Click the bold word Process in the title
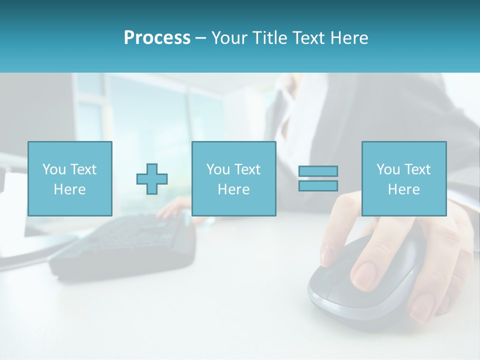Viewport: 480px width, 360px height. coord(157,38)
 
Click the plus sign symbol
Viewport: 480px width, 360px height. coord(152,179)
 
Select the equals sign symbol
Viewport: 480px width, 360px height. coord(318,178)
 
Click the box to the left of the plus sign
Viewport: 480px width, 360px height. coord(70,178)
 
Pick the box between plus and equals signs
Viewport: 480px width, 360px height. coord(233,178)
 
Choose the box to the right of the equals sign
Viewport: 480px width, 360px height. coord(403,178)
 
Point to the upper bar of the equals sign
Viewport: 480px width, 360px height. coord(318,171)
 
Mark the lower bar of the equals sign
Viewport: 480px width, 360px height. coord(318,185)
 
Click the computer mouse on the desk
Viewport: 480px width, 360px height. coord(360,280)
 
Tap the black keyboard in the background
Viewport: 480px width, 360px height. coord(125,245)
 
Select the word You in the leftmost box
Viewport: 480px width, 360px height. coord(53,169)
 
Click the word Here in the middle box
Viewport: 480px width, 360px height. coord(233,189)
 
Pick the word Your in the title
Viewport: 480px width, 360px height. coord(230,38)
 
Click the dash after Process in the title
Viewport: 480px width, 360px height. coord(200,38)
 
